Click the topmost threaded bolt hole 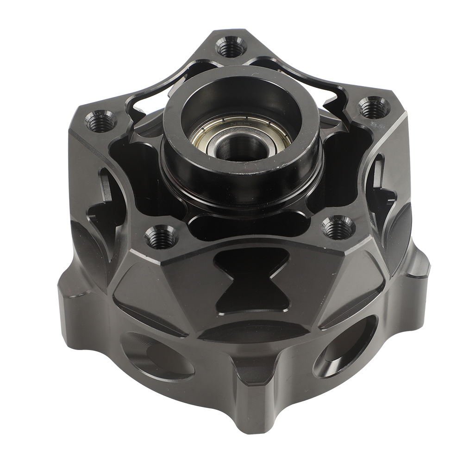click(231, 47)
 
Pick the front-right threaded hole click(338, 227)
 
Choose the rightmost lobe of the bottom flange click(417, 269)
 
